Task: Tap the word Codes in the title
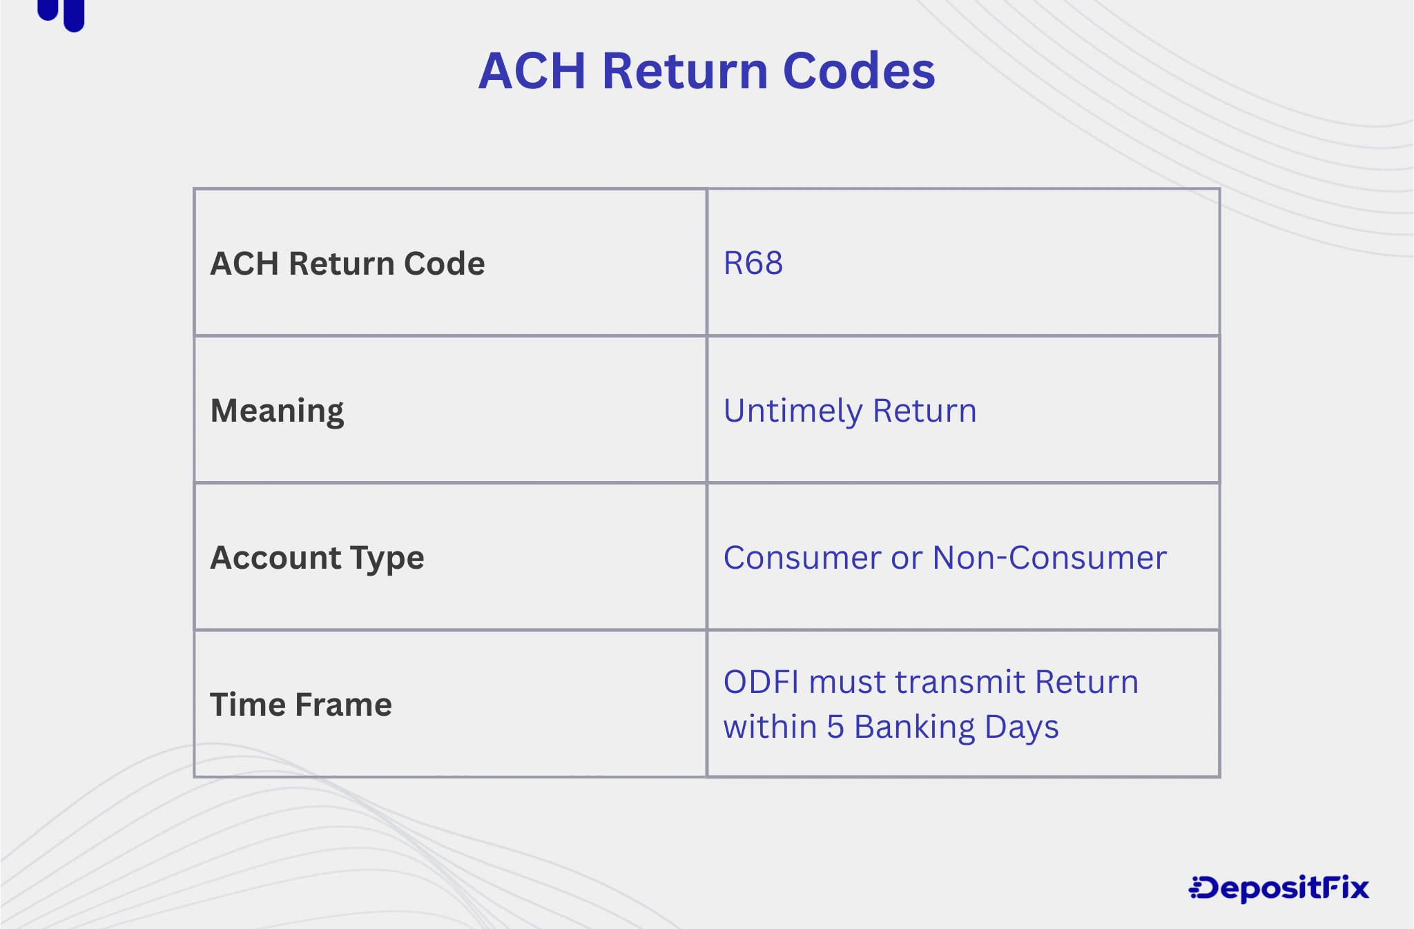click(859, 71)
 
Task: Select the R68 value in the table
click(753, 263)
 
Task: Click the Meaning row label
click(277, 411)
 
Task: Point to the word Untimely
click(793, 411)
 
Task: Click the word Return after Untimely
click(924, 411)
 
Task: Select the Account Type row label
click(317, 558)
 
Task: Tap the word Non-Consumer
click(1049, 558)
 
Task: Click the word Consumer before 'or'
click(802, 558)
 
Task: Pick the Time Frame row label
click(300, 705)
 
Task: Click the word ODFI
click(761, 682)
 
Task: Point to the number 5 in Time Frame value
click(835, 727)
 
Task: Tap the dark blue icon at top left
click(62, 14)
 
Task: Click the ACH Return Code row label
click(347, 264)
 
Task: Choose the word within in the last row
click(770, 727)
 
